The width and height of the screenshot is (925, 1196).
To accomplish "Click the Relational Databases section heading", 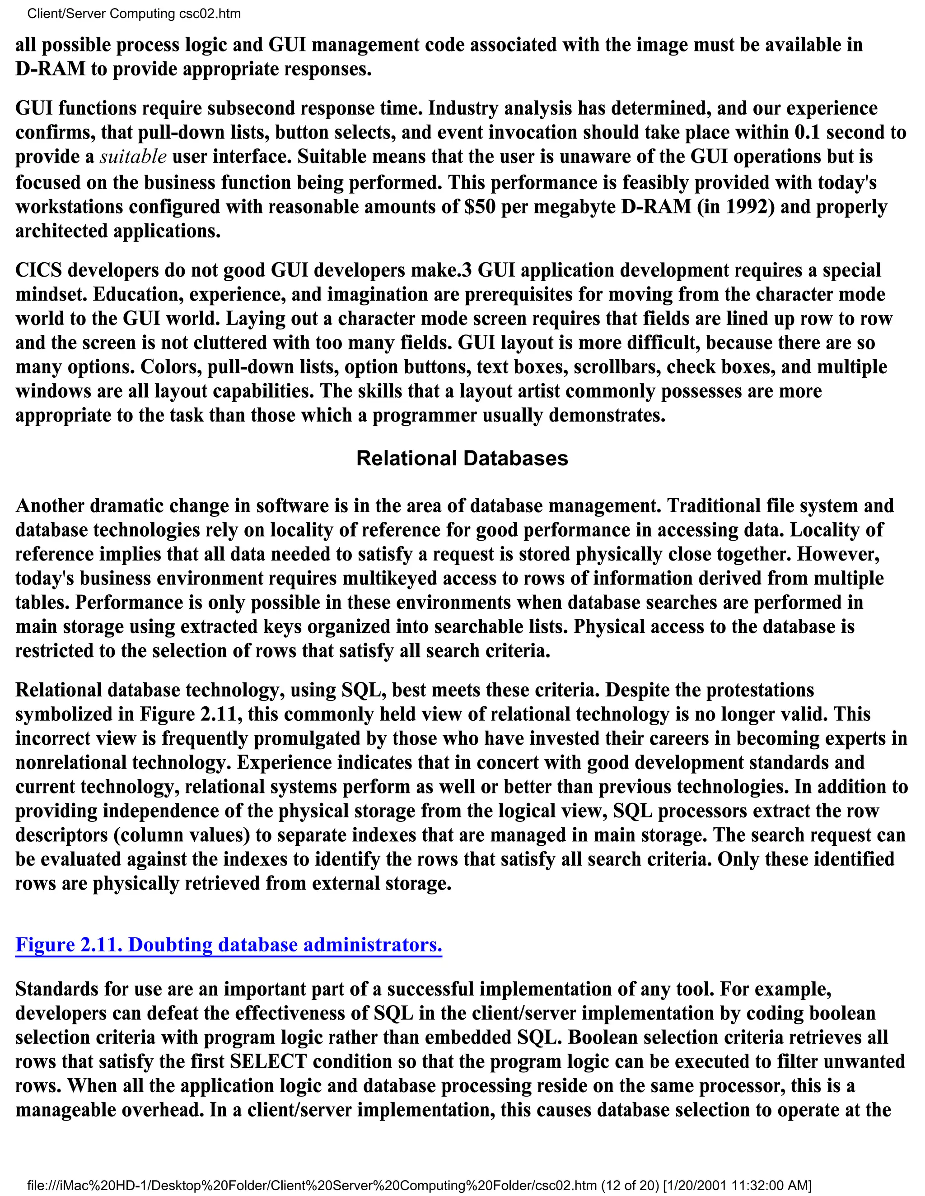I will pyautogui.click(x=462, y=459).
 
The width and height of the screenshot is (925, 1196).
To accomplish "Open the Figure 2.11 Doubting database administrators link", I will pyautogui.click(x=229, y=945).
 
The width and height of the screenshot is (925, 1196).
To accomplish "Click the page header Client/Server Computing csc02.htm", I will pyautogui.click(x=134, y=14).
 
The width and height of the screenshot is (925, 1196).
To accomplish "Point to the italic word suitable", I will pyautogui.click(x=133, y=157).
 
